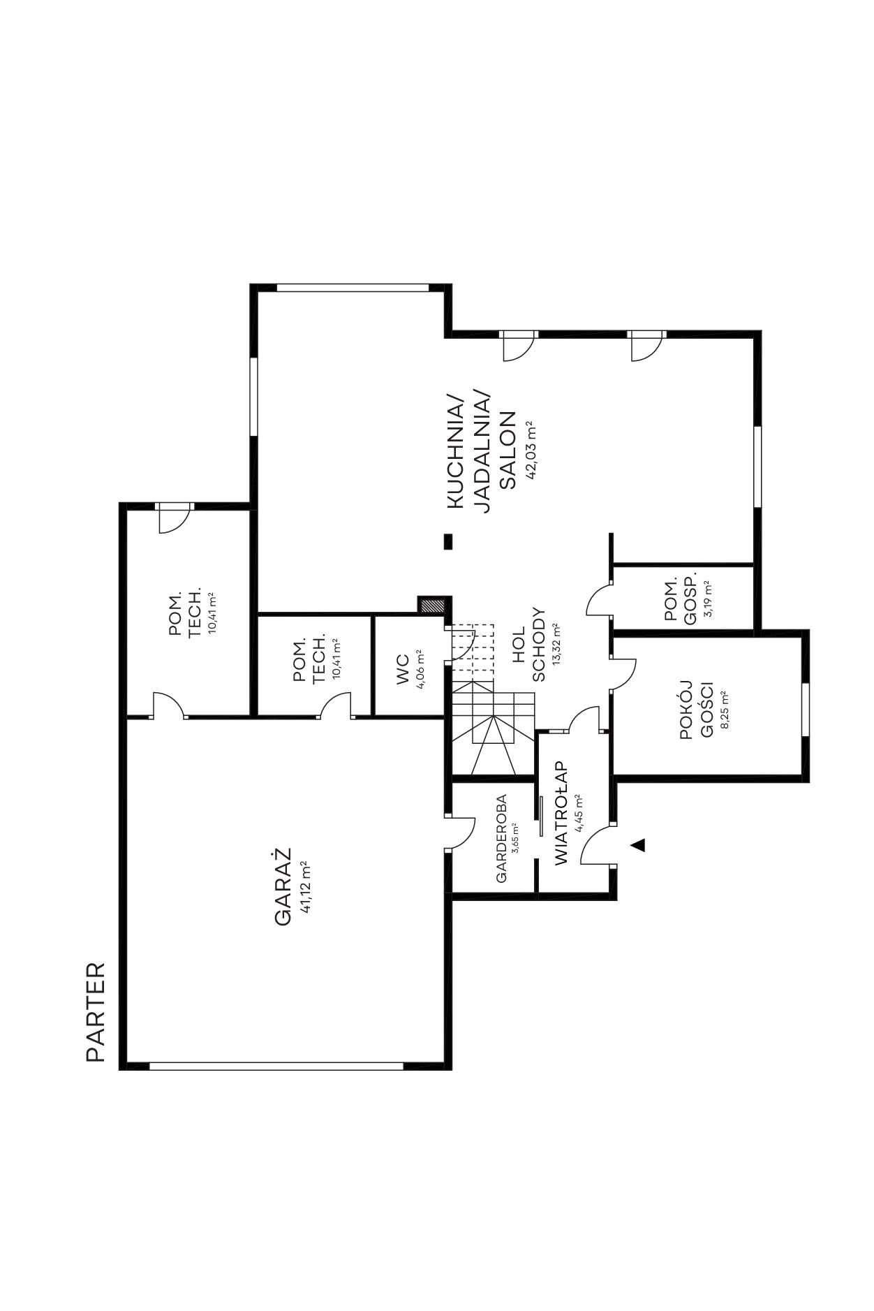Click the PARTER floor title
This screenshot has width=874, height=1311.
tap(96, 1012)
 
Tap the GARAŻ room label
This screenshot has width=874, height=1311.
tap(282, 886)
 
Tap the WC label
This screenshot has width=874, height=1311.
tap(403, 669)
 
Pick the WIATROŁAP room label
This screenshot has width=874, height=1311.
tap(562, 813)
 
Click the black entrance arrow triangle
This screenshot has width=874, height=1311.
tap(637, 845)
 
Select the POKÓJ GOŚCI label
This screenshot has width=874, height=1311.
tap(696, 710)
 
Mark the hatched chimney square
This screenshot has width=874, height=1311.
tap(431, 605)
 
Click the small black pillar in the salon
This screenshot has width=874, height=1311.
tap(448, 541)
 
